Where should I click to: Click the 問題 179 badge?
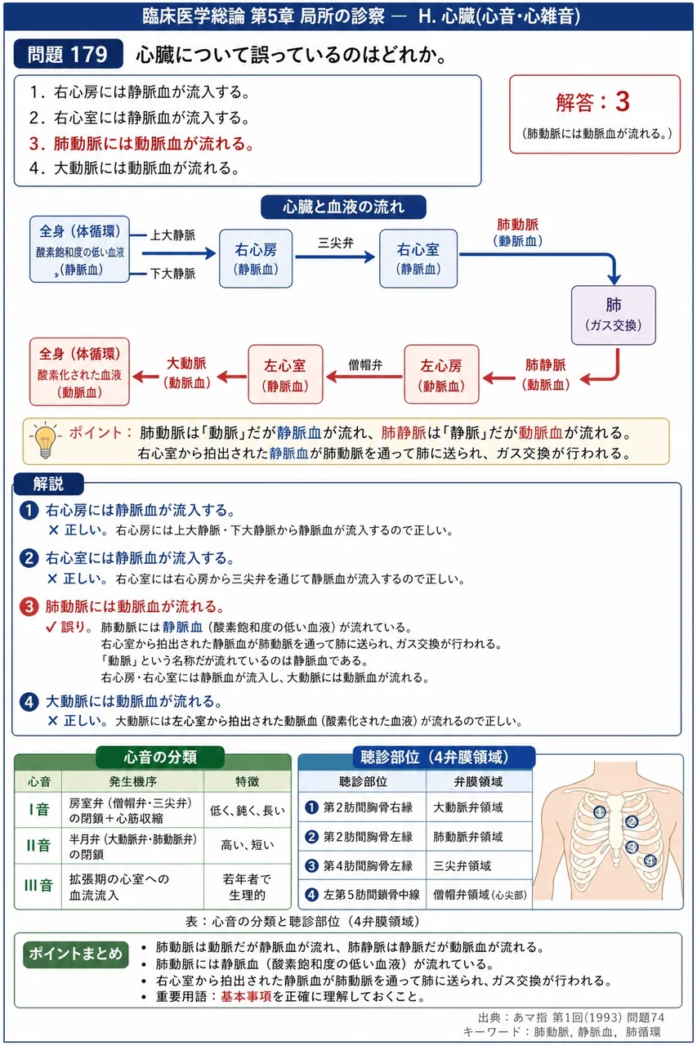tap(68, 54)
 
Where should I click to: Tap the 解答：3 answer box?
tap(594, 114)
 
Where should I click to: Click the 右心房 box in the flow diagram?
tap(256, 258)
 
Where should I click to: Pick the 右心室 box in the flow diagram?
tap(418, 258)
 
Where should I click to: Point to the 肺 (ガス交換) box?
tap(614, 315)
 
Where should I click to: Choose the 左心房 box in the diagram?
tap(441, 374)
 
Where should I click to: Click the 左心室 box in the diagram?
tap(285, 374)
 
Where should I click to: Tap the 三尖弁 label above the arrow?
tap(336, 243)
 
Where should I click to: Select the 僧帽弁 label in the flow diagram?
tap(365, 364)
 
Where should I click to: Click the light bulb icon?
tap(45, 440)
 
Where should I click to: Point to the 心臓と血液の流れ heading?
tap(343, 207)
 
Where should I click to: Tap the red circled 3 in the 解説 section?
tap(29, 606)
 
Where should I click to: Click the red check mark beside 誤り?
tap(51, 627)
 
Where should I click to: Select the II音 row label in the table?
tap(38, 845)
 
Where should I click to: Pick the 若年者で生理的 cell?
tap(247, 887)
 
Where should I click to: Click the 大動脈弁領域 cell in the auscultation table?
tap(467, 807)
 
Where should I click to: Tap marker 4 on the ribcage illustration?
tap(650, 860)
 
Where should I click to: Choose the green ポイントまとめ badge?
tap(76, 954)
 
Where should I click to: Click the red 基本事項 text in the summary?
tap(246, 996)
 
